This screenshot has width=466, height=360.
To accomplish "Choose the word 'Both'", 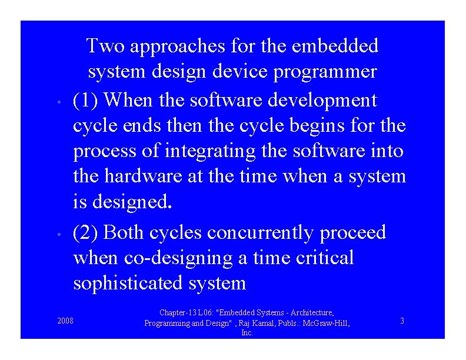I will (124, 232).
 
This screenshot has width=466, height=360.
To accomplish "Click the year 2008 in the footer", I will (65, 321).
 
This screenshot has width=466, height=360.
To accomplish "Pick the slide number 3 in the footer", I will (402, 321).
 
